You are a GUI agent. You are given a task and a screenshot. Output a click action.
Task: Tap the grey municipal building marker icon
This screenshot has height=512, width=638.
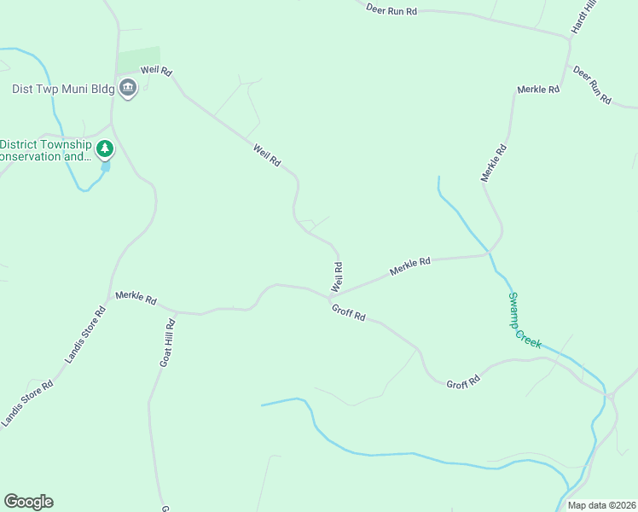[128, 87]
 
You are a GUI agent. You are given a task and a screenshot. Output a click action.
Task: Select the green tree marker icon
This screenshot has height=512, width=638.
[105, 150]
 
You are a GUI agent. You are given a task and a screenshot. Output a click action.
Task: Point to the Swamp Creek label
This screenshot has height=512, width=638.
[525, 319]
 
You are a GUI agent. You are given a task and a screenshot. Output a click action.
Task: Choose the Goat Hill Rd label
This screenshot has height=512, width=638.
[167, 343]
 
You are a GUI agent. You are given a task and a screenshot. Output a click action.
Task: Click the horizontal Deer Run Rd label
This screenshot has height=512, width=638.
[391, 10]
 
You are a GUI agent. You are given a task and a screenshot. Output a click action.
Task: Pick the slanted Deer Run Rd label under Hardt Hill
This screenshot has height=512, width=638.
[593, 84]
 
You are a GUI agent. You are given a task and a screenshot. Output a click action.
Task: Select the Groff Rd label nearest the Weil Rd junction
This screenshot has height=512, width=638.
[349, 312]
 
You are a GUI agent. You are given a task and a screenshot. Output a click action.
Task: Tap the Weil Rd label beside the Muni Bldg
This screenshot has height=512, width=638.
[156, 70]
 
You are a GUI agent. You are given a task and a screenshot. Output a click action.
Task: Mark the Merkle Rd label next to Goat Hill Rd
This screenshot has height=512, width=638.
[136, 300]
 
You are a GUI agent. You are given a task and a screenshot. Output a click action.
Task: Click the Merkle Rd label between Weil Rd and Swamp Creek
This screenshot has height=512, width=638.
[411, 266]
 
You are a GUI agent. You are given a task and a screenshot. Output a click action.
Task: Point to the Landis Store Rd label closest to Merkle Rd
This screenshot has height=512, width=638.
[88, 325]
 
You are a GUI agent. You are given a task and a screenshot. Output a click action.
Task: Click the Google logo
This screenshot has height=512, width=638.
[28, 502]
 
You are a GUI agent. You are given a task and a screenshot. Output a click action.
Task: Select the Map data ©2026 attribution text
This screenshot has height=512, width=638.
[601, 505]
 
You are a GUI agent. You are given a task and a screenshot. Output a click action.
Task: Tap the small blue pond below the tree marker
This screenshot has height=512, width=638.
[106, 166]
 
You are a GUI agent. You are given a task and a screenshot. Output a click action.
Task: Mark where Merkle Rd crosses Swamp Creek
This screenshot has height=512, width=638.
[490, 253]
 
